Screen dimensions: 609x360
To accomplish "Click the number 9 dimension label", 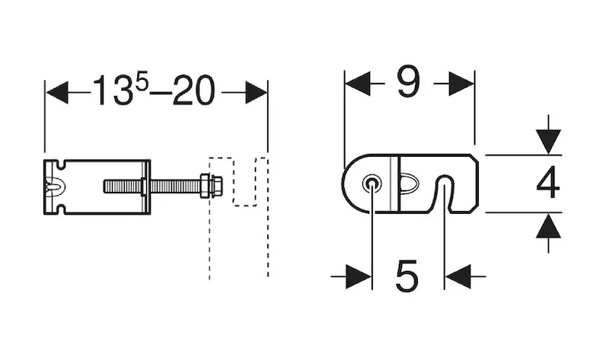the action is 409,81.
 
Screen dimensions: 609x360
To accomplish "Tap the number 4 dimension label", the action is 547,183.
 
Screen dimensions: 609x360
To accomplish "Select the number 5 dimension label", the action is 407,276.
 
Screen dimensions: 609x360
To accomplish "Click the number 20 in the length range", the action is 193,91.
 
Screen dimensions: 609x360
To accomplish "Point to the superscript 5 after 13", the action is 142,82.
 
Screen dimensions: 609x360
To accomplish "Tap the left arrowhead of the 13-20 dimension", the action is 58,93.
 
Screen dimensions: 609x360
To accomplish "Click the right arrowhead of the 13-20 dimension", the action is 257,93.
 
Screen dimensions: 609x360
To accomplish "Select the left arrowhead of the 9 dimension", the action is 357,83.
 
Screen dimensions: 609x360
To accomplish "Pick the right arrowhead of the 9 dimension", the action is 461,83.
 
